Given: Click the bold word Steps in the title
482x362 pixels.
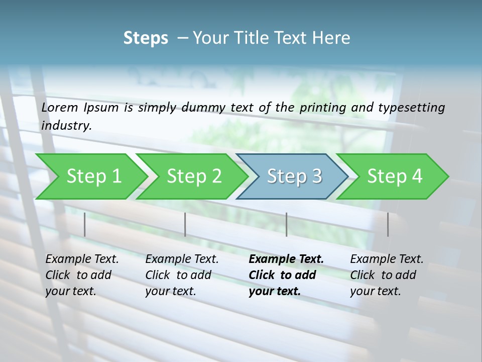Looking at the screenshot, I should pyautogui.click(x=146, y=38).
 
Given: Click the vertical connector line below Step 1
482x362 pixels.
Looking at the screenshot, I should pyautogui.click(x=85, y=224).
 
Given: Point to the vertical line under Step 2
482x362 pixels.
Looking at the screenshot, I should pyautogui.click(x=185, y=224).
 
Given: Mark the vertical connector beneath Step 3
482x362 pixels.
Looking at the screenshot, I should pyautogui.click(x=287, y=224).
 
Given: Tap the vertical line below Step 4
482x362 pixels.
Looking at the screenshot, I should pyautogui.click(x=388, y=224).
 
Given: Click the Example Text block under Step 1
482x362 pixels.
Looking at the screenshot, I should pyautogui.click(x=82, y=275).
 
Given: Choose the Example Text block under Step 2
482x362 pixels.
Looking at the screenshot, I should pyautogui.click(x=182, y=275).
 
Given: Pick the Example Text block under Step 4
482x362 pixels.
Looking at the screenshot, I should pyautogui.click(x=387, y=275).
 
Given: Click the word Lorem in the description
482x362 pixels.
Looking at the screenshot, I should pyautogui.click(x=60, y=108).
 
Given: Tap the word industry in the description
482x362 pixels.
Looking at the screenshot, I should pyautogui.click(x=66, y=126).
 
